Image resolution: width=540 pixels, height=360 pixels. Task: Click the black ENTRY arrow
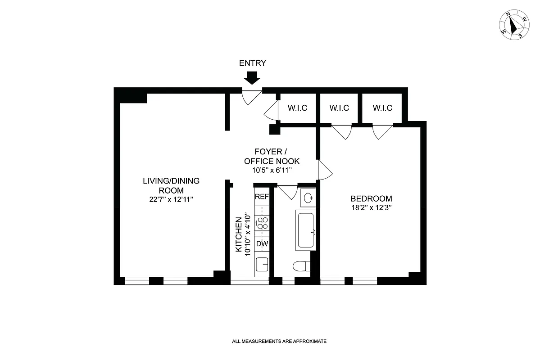(252, 78)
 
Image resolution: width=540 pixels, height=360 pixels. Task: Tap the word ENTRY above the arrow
(252, 63)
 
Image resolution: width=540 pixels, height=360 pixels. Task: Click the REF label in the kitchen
(262, 197)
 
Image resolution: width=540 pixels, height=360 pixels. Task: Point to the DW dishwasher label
(262, 243)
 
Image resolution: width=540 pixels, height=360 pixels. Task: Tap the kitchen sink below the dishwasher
(262, 263)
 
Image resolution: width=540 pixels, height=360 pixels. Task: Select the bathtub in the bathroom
(305, 230)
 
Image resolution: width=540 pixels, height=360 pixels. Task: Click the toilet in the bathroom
(301, 266)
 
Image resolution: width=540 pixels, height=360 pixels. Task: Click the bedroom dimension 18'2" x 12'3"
(371, 208)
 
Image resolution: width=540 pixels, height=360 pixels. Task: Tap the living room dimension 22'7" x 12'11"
(171, 200)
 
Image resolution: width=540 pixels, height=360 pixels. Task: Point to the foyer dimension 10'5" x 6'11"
(272, 170)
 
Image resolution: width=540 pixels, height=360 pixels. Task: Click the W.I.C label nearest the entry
(298, 108)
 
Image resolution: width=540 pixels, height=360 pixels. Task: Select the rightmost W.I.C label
(382, 108)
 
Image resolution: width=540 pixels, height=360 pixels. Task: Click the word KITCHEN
(239, 234)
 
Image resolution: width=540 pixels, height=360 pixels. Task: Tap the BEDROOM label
(371, 198)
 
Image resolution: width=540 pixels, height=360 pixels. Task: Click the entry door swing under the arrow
(250, 96)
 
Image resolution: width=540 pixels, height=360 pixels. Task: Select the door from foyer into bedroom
(324, 170)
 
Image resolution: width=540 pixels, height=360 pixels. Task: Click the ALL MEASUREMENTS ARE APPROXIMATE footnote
(279, 342)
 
